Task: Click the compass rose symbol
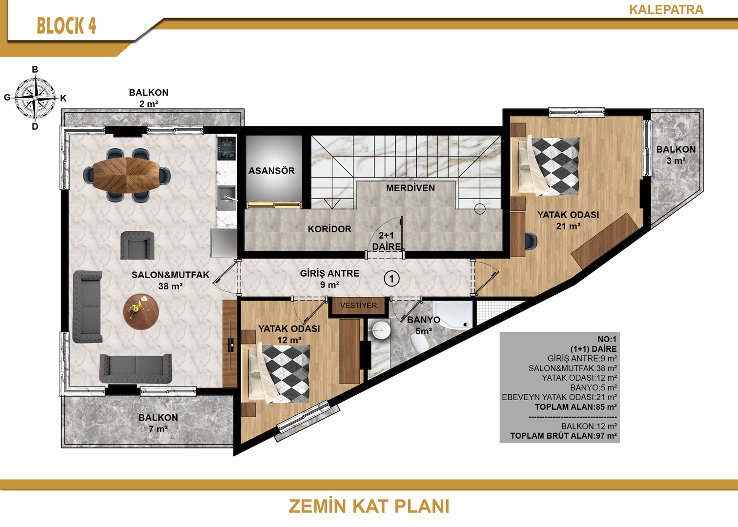(35, 98)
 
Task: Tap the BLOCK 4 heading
(66, 26)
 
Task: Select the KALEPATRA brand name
(666, 10)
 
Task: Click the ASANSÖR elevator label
(271, 171)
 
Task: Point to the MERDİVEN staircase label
(410, 188)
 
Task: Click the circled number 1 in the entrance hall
(391, 279)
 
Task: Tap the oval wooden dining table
(126, 174)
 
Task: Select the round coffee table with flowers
(141, 312)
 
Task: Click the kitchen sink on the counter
(227, 197)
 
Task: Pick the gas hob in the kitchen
(226, 148)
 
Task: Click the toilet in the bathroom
(419, 342)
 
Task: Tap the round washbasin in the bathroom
(379, 329)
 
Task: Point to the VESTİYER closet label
(358, 305)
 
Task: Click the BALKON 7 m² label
(158, 423)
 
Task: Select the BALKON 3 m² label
(676, 155)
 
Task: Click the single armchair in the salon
(137, 245)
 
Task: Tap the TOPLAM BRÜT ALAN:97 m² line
(563, 436)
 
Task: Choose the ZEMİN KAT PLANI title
(369, 506)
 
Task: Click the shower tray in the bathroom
(452, 315)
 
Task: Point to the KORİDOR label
(329, 229)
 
